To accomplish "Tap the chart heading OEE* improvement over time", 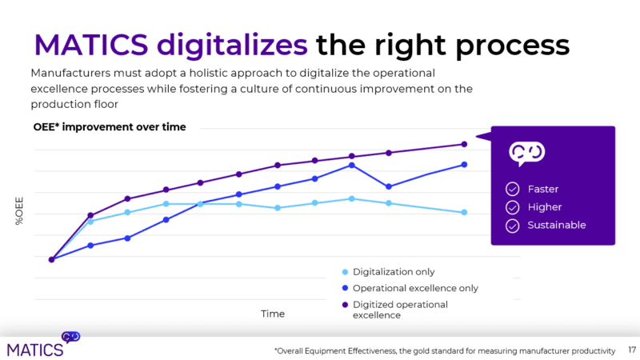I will [109, 126].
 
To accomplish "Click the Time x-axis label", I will [273, 314].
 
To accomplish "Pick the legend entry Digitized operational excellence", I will [400, 310].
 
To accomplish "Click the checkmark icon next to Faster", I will [512, 189].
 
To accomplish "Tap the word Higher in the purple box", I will [543, 207].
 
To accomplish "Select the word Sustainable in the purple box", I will [556, 225].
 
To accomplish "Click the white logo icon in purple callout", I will [527, 153].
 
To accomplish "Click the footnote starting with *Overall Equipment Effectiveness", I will [444, 350].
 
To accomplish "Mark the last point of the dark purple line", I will [464, 144].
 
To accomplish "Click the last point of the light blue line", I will [464, 212].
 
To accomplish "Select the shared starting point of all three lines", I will [51, 259].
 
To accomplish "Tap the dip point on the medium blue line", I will [389, 186].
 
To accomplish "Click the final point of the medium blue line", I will [464, 165].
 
